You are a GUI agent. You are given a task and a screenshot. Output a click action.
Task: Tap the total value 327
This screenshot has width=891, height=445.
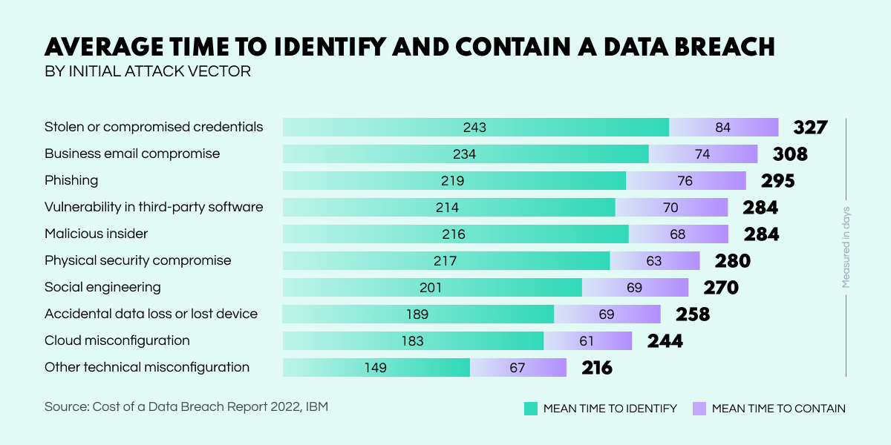point(810,128)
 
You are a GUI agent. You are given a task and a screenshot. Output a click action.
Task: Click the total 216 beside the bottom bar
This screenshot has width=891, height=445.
point(597,368)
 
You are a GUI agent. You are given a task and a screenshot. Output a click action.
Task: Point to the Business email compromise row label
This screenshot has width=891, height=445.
point(132,154)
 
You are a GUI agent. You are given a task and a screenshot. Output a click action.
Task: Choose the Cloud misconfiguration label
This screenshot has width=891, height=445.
point(117,340)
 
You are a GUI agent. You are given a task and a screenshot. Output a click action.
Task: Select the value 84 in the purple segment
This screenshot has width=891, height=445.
point(723,128)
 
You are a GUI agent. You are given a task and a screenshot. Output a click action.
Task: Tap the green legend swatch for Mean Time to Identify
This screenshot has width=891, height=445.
point(530,408)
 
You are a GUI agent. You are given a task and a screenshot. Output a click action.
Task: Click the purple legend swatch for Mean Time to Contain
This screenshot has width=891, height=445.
point(699,408)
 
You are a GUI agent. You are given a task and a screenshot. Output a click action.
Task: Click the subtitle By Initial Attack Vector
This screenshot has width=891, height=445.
point(148,72)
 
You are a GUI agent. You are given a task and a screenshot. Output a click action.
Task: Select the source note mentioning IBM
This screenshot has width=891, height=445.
point(186,406)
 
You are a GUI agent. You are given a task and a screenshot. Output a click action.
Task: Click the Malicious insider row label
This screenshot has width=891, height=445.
point(97,234)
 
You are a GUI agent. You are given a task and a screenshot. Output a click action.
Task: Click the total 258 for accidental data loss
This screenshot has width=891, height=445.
point(693,314)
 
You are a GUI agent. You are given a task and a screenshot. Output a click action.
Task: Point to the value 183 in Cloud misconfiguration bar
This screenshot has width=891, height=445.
point(413,341)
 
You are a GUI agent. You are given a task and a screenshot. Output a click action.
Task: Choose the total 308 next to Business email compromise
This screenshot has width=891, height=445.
point(789,154)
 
